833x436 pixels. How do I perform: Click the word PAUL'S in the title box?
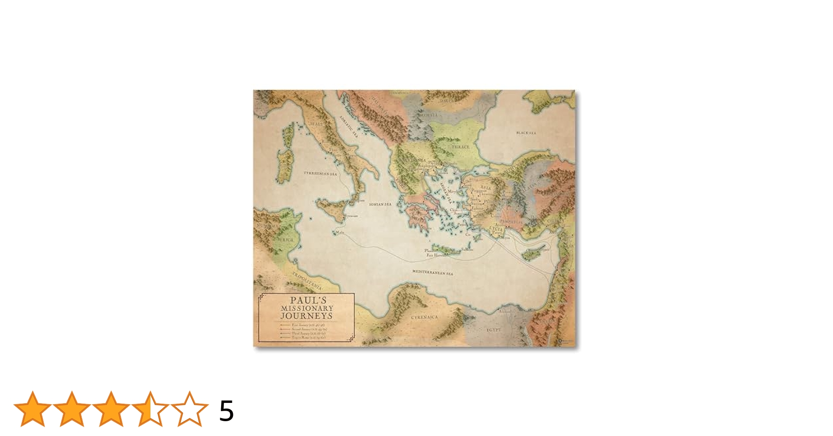(308, 300)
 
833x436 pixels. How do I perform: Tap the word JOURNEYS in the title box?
(307, 316)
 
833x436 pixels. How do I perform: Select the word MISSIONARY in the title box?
(307, 308)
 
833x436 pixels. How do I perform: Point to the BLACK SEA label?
(526, 133)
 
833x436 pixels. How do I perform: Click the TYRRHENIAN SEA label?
(320, 174)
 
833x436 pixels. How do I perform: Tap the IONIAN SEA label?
(380, 204)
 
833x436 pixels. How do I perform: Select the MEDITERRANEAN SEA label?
(433, 272)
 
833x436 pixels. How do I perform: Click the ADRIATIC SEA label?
(349, 126)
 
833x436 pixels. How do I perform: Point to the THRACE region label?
(460, 147)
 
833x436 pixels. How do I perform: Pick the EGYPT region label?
(494, 330)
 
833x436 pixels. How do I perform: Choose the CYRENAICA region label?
(424, 317)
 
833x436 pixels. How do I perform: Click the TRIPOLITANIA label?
(307, 281)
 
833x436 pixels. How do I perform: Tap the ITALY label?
(316, 124)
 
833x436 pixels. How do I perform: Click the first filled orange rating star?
(32, 409)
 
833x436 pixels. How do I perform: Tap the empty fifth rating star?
(190, 409)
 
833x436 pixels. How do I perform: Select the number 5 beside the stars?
(226, 411)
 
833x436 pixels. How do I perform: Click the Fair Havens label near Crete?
(435, 255)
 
